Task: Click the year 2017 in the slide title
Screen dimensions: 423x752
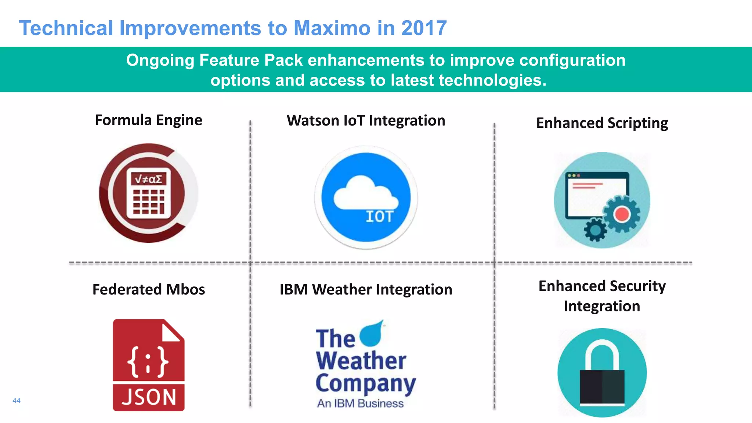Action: click(424, 28)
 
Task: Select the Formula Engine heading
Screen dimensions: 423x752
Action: click(148, 120)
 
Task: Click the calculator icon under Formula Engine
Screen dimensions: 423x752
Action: click(148, 193)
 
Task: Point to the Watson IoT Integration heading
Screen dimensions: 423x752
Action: click(366, 121)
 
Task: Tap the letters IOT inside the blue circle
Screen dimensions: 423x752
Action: click(380, 217)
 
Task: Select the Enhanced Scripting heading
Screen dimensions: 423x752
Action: click(602, 123)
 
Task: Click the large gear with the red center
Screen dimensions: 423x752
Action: click(621, 214)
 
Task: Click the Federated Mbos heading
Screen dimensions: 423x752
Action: click(148, 289)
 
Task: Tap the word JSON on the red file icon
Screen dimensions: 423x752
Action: click(149, 397)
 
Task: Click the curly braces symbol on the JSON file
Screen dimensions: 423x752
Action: click(148, 362)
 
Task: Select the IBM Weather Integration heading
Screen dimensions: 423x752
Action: click(366, 289)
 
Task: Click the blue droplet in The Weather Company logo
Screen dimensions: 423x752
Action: click(372, 334)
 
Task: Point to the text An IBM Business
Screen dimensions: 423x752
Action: click(360, 403)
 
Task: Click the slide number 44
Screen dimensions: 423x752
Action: click(17, 401)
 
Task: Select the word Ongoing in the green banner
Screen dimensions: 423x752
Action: click(160, 60)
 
